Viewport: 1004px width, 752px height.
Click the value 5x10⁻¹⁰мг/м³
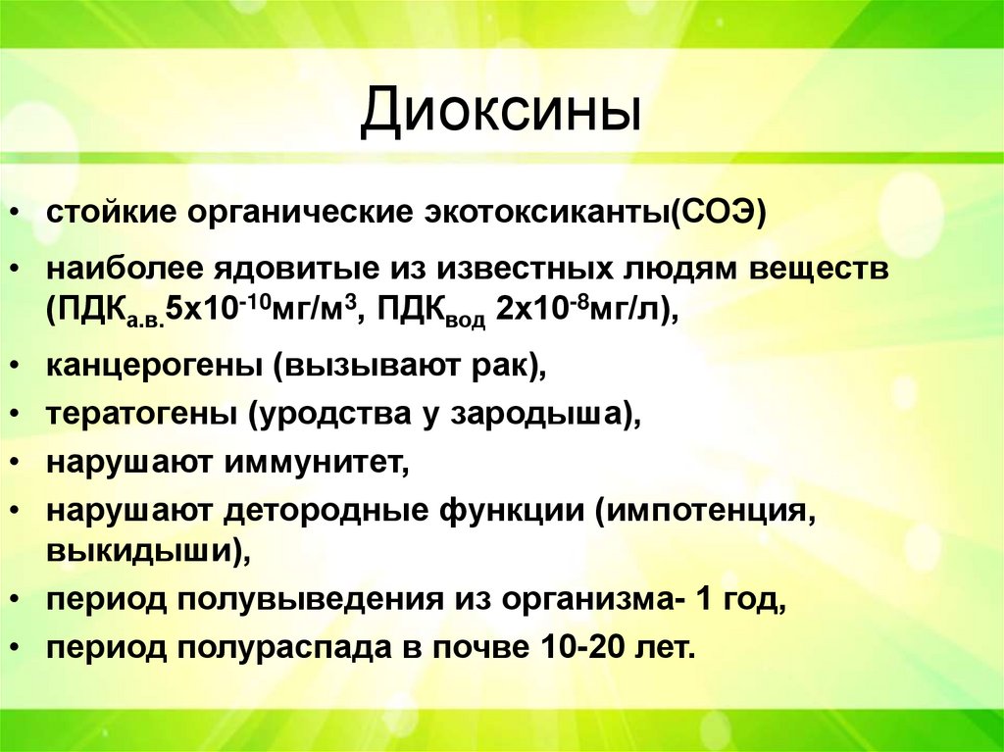(x=264, y=310)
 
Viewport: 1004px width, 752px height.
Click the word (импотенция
(x=702, y=511)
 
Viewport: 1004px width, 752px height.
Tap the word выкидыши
(x=143, y=551)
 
